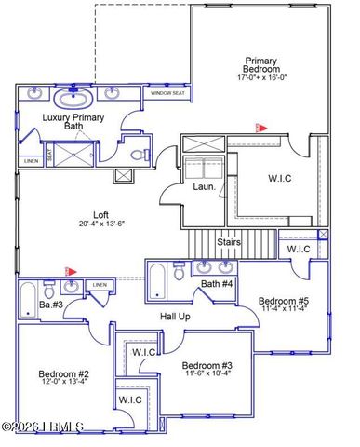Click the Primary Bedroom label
tap(260, 66)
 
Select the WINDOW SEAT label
tap(167, 93)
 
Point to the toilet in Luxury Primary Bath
tap(138, 155)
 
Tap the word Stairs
tap(230, 242)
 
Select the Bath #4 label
tap(217, 283)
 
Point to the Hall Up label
tap(176, 316)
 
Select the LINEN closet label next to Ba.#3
tap(100, 284)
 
